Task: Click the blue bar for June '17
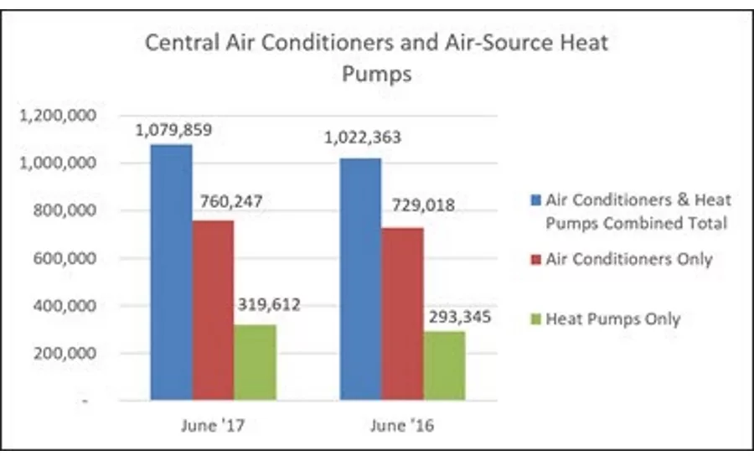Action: (172, 272)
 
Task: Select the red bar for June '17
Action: (214, 310)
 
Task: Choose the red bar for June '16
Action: (402, 313)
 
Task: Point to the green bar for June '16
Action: (444, 365)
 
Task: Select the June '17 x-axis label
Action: (214, 426)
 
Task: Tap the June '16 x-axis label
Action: (402, 426)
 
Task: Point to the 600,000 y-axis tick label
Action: (72, 258)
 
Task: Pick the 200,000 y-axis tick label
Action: (72, 354)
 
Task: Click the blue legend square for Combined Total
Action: (535, 200)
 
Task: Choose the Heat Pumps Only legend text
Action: (613, 319)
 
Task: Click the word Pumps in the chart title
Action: (376, 74)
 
